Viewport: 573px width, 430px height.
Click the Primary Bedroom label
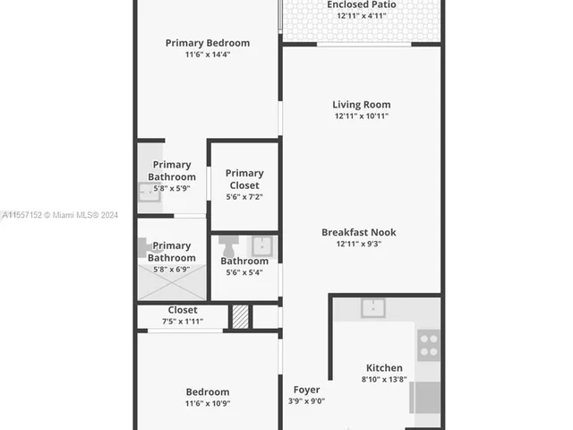(208, 43)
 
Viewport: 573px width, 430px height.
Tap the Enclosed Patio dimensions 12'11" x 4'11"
(361, 16)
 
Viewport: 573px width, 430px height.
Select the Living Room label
(361, 105)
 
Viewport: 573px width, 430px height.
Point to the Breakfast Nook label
(359, 232)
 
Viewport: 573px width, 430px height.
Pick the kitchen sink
(373, 308)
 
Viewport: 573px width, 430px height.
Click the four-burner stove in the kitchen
(429, 344)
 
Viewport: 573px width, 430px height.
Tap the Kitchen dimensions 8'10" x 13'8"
(384, 380)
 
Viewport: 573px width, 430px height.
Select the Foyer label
(306, 390)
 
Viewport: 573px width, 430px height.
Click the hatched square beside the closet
(240, 317)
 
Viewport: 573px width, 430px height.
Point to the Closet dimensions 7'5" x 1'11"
(183, 322)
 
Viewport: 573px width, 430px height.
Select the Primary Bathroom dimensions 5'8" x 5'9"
(171, 189)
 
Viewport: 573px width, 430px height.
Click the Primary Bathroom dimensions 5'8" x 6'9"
(171, 270)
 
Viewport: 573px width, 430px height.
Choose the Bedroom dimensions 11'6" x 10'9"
(208, 404)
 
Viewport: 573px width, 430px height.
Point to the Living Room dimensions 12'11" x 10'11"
(361, 116)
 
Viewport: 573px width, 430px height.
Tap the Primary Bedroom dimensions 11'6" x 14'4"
(208, 55)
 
